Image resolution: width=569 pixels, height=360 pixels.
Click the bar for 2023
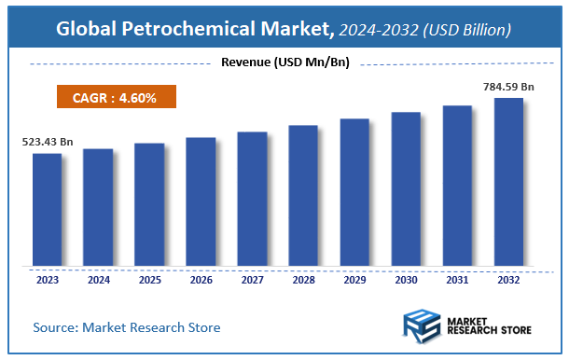point(47,210)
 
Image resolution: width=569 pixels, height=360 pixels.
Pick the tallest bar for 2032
point(508,182)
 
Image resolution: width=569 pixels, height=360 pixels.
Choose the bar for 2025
point(149,204)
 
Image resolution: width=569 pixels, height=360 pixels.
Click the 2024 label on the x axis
point(98,279)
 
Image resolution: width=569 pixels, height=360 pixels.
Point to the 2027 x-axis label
point(252,279)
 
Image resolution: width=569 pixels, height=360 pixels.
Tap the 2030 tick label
point(406,279)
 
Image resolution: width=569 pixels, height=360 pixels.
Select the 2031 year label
point(457,279)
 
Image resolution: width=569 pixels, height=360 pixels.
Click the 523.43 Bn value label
point(48,142)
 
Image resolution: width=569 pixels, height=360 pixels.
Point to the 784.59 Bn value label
point(509,86)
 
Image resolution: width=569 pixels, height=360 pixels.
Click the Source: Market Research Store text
point(127,327)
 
